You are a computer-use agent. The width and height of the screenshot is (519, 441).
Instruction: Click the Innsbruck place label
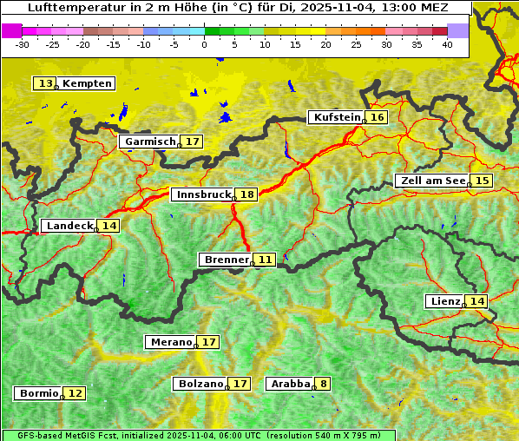pos(203,195)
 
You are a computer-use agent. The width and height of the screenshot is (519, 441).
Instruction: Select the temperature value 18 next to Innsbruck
pos(247,195)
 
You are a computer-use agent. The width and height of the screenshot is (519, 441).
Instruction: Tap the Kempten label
pos(87,83)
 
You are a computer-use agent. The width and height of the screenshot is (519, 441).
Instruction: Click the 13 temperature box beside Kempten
pos(45,83)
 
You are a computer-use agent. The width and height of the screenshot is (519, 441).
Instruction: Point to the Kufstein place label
pos(336,117)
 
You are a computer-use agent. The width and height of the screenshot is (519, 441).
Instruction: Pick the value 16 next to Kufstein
pos(377,117)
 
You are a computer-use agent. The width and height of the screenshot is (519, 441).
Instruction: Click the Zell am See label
pos(431,181)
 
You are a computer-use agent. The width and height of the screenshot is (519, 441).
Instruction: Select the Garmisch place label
pos(150,142)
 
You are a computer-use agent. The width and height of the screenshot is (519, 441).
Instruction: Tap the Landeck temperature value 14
pos(108,226)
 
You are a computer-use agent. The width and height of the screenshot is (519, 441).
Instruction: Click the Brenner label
pos(226,260)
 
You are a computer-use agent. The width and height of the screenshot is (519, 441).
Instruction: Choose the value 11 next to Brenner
pos(265,260)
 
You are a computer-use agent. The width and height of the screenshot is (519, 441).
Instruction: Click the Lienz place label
pos(445,301)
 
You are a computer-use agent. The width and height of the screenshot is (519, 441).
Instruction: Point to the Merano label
pos(170,342)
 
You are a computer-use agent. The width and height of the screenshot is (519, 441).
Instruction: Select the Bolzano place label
pos(200,383)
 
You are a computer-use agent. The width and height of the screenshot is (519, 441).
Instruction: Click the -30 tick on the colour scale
pos(23,44)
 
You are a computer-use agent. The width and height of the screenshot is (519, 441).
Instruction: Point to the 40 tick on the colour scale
pos(448,44)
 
